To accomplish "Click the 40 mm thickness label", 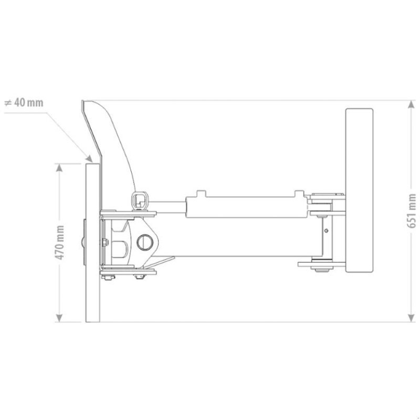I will coord(24,102).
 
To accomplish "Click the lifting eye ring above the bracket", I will coord(139,199).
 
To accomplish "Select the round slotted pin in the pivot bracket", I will coord(145,241).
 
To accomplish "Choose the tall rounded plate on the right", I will coord(359,191).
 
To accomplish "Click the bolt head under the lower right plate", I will coord(319,270).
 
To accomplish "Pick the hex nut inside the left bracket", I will coord(107,241).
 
